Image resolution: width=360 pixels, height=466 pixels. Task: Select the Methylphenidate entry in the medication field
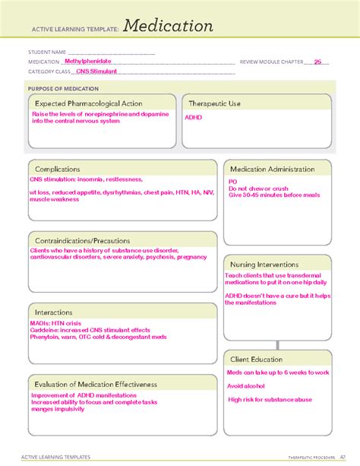(87, 61)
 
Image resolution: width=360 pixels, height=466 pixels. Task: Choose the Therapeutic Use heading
(215, 103)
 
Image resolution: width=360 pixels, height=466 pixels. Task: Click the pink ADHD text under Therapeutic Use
(193, 118)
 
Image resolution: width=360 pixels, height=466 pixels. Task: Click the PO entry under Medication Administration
(232, 182)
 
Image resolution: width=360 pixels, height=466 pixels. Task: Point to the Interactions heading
(53, 312)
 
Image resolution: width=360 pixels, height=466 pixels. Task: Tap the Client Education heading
(257, 359)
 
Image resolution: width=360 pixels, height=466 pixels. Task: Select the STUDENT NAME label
(46, 52)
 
